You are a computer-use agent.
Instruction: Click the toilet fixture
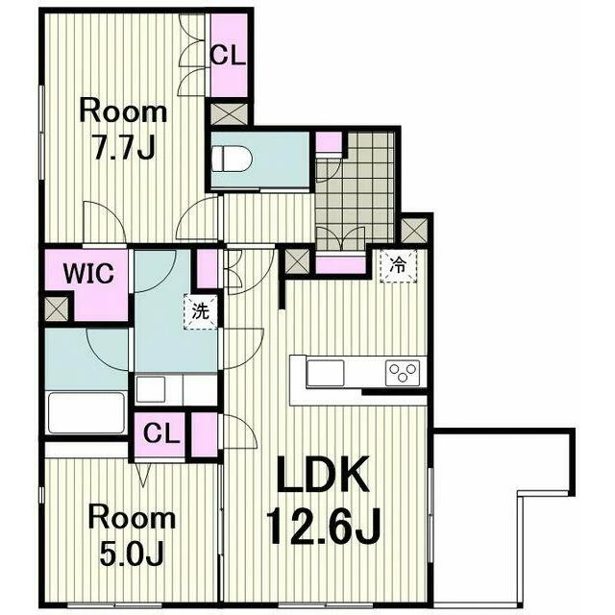pos(232,160)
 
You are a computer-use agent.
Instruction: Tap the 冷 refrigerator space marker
pos(398,266)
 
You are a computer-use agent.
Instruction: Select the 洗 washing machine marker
pos(201,311)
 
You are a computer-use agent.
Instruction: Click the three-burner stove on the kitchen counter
pos(403,373)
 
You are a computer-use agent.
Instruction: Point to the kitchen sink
pos(325,373)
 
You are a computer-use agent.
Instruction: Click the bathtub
pos(86,412)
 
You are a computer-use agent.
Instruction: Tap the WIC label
pos(88,273)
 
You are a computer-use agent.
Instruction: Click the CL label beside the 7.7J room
pos(228,56)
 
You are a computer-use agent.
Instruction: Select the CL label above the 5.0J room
pos(160,433)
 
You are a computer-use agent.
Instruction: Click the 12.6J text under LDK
pos(324,527)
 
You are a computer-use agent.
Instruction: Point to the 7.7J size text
pos(123,146)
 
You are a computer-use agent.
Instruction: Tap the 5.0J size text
pos(132,553)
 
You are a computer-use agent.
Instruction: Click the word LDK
pos(323,474)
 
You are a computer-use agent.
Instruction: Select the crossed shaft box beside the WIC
pos(57,309)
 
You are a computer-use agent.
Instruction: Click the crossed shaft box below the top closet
pos(229,114)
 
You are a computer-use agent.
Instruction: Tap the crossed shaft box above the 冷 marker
pos(415,231)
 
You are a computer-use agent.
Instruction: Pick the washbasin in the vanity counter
pos(151,389)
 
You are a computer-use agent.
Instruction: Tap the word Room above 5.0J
pos(132,518)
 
